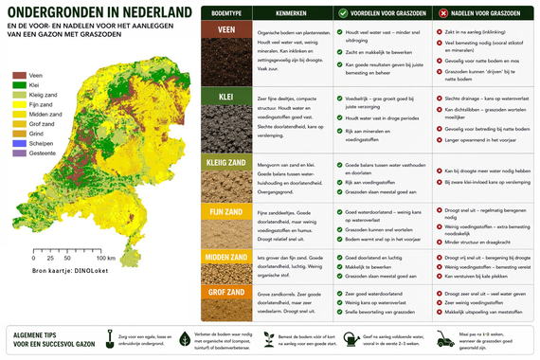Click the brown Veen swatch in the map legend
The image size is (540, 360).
point(18,72)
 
